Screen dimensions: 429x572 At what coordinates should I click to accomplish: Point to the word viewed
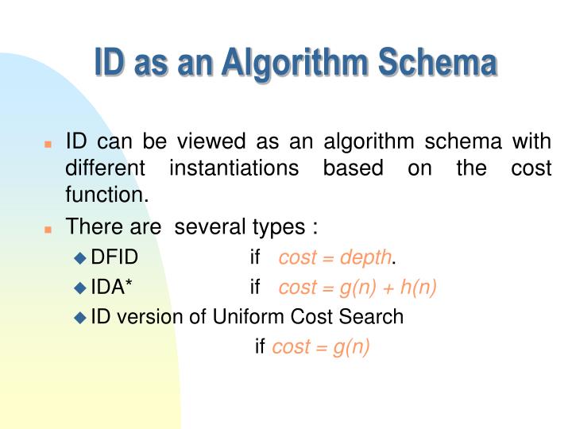point(211,143)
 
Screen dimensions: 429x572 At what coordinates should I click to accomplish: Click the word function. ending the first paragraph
point(107,194)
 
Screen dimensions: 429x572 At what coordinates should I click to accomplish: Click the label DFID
point(115,257)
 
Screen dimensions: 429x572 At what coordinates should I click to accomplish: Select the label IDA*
point(112,287)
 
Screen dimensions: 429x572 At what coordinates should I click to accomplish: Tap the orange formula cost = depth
point(334,257)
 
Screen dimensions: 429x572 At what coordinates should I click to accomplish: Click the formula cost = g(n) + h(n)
point(357,287)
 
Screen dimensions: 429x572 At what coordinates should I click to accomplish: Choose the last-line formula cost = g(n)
point(321,347)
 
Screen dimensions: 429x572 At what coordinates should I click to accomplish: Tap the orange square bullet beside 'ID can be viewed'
point(48,145)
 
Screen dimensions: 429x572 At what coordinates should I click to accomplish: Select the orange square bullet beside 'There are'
point(48,229)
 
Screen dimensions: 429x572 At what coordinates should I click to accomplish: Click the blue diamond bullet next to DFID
point(79,258)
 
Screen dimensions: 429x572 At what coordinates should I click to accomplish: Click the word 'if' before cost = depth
point(255,257)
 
